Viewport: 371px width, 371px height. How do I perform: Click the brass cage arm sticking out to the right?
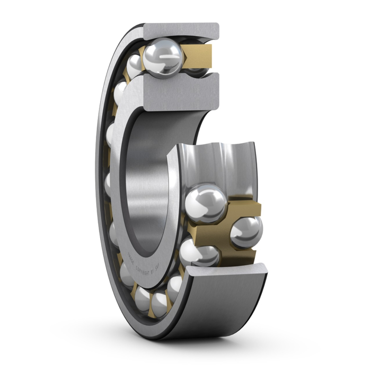[249, 207]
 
